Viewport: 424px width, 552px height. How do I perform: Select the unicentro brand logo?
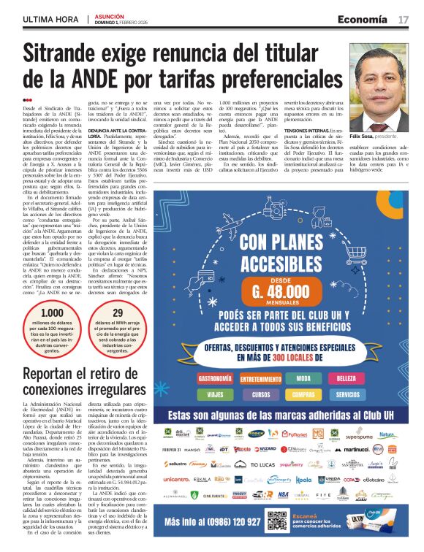pos(177,479)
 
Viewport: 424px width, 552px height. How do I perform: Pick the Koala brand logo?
pos(303,480)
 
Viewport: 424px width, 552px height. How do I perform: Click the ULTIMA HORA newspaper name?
pos(51,18)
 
